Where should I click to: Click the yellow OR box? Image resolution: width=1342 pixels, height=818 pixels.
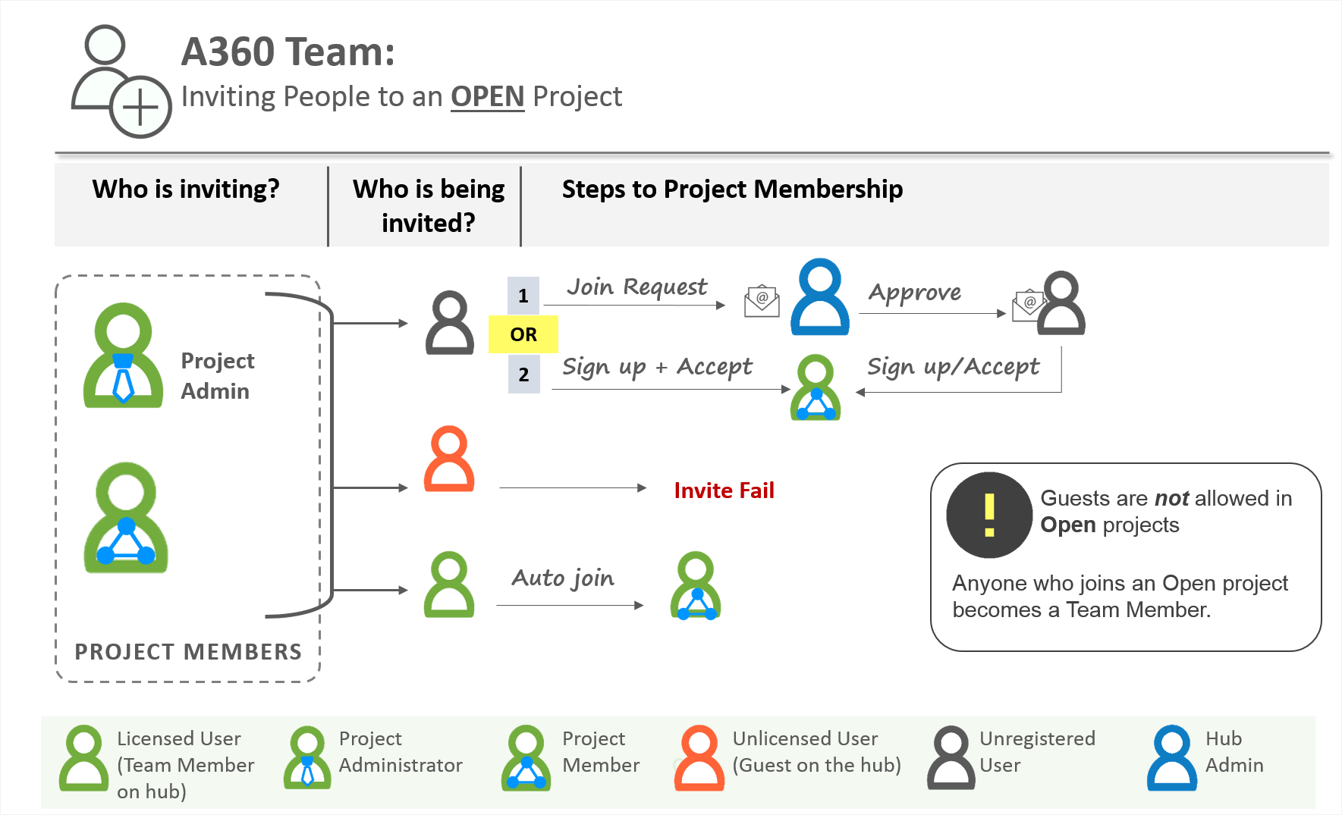pos(523,334)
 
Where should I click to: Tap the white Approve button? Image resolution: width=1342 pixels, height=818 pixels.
pos(914,293)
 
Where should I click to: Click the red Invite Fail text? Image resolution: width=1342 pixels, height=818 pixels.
pos(724,490)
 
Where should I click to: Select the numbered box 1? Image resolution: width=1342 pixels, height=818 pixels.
pos(523,296)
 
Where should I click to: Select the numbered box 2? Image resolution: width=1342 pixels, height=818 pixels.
pos(523,375)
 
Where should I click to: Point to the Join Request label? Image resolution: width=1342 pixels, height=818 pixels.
pos(636,287)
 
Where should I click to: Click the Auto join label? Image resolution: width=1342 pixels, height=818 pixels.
pos(563,578)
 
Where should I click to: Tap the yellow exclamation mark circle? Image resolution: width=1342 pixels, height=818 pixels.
pos(988,516)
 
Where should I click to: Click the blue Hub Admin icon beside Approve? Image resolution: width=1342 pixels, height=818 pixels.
pos(819,297)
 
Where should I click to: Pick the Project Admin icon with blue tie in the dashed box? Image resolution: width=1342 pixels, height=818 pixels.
pos(123,356)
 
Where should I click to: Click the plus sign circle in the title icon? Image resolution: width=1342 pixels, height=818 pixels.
pos(140,107)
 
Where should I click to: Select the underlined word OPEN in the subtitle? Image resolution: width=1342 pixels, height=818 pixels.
pos(487,97)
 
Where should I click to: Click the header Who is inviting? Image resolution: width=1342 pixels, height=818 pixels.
pos(186,189)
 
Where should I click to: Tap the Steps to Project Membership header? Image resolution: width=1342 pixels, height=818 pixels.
pos(732,189)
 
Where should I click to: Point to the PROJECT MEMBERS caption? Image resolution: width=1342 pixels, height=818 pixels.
pos(188,652)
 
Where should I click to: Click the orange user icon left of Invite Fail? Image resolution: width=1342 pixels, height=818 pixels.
pos(449,459)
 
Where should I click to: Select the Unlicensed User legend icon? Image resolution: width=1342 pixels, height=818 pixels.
pos(699,758)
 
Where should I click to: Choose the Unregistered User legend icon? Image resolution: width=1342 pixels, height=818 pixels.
pos(951,758)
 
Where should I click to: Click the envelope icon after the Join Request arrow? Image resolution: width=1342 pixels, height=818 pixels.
pos(762,301)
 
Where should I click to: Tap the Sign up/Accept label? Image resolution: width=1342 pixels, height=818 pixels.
pos(953,367)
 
